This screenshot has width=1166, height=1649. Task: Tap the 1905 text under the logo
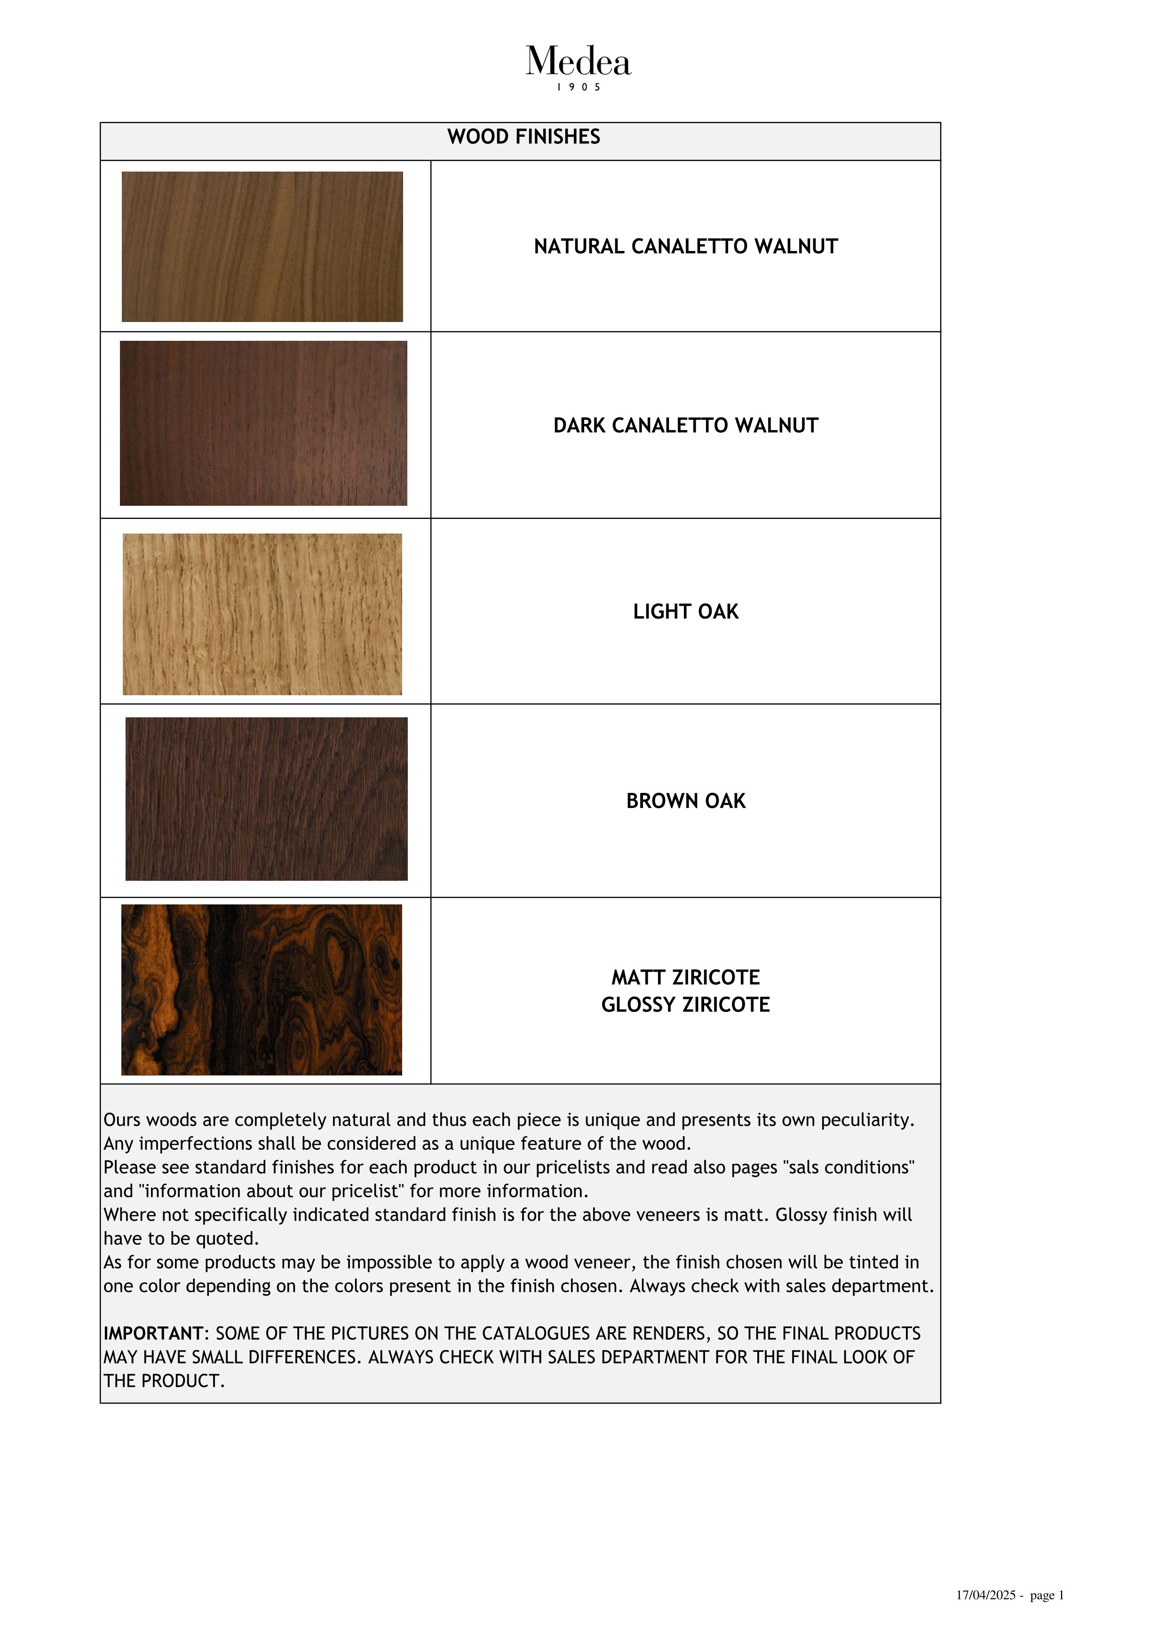coord(579,87)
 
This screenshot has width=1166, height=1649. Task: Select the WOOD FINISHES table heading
coord(523,137)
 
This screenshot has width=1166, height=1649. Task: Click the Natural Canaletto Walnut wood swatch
coord(262,246)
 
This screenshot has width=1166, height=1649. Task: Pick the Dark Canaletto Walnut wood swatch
coord(263,423)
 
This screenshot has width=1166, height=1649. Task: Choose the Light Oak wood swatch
coord(262,614)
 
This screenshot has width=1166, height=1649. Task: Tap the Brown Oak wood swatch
coord(267,799)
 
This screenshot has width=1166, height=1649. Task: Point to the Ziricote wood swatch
coord(262,989)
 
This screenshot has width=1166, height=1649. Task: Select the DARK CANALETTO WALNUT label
coord(685,426)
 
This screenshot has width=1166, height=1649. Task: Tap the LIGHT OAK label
coord(685,612)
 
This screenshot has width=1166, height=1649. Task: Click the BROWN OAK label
coord(685,801)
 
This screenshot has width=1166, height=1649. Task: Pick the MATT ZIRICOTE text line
coord(685,977)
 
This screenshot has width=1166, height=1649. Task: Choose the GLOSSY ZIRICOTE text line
coord(685,1005)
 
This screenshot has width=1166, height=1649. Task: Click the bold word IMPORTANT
coord(153,1334)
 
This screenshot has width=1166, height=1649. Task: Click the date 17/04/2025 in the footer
coord(986,1615)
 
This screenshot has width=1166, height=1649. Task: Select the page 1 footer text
coord(1047,1615)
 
